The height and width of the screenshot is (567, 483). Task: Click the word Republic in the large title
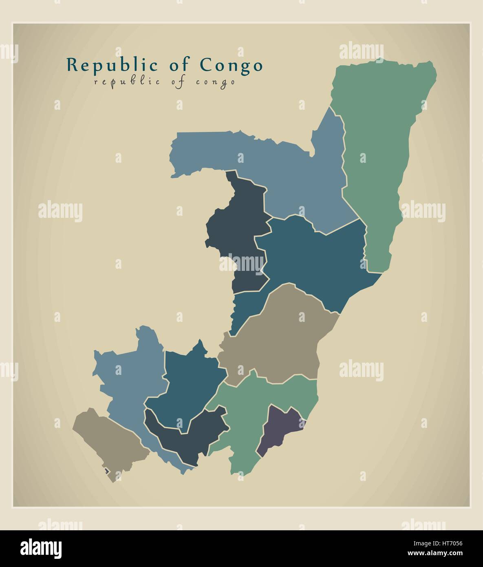pyautogui.click(x=112, y=65)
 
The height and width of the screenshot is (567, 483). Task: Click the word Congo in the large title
pyautogui.click(x=231, y=65)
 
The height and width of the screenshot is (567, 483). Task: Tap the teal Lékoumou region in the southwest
pyautogui.click(x=187, y=388)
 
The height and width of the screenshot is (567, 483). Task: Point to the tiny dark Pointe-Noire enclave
pyautogui.click(x=107, y=471)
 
